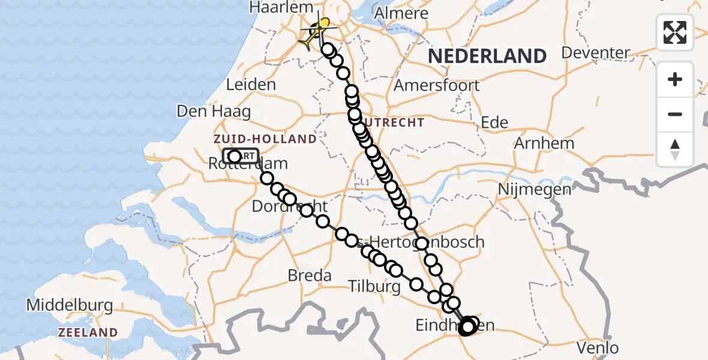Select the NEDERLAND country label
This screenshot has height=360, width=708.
coord(487,56)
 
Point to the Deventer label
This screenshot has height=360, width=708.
coord(595,53)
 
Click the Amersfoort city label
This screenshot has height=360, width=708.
coord(437,85)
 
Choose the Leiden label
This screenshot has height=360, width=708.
coord(251,85)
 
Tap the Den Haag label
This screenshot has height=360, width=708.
coord(214,112)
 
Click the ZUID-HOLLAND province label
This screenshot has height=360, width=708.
coord(265,139)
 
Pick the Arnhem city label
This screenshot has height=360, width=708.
coord(544,143)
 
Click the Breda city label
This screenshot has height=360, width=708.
coord(310,275)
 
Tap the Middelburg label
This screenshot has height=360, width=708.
coord(70,305)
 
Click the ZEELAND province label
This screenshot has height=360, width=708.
coord(88,332)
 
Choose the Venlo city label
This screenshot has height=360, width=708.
coord(598,347)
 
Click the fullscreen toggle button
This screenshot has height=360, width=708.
coord(675,32)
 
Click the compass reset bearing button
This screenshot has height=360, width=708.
coord(675,149)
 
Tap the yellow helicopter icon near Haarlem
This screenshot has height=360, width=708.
coord(321,26)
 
